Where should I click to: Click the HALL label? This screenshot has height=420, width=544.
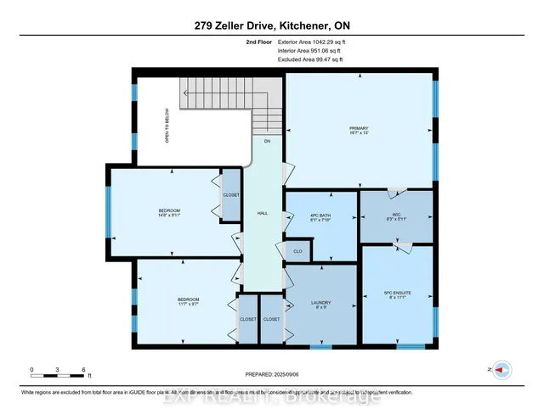tap(263, 215)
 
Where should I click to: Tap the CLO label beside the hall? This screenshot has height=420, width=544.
tap(297, 251)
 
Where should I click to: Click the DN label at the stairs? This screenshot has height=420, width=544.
tap(267, 141)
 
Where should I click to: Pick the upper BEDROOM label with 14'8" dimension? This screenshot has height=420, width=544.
tap(169, 212)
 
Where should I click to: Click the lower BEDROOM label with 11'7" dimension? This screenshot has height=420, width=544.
tap(188, 301)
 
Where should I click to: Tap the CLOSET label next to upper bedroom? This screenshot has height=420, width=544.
tap(231, 194)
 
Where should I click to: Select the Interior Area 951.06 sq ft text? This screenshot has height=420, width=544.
tap(309, 50)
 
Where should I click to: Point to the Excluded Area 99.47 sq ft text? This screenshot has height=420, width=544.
tap(309, 59)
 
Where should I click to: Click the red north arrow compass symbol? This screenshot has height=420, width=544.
tap(501, 369)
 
